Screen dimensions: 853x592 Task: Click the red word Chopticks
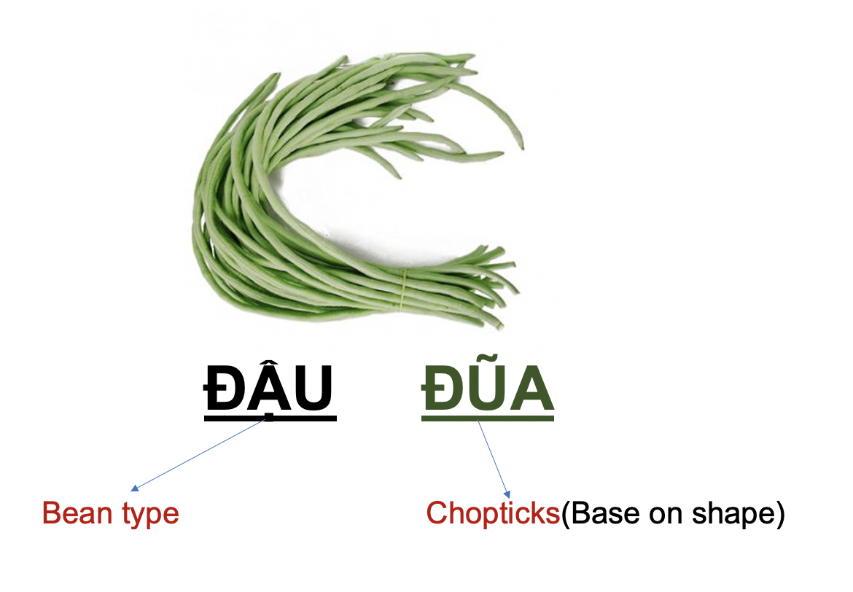click(x=493, y=513)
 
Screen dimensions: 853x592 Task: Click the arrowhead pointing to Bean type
click(x=134, y=488)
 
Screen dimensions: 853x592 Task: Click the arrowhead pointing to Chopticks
click(x=507, y=494)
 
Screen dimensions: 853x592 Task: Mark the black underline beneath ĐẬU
click(x=270, y=418)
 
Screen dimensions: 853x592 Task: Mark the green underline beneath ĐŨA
click(x=488, y=418)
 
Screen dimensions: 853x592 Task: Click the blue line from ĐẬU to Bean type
click(x=199, y=454)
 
